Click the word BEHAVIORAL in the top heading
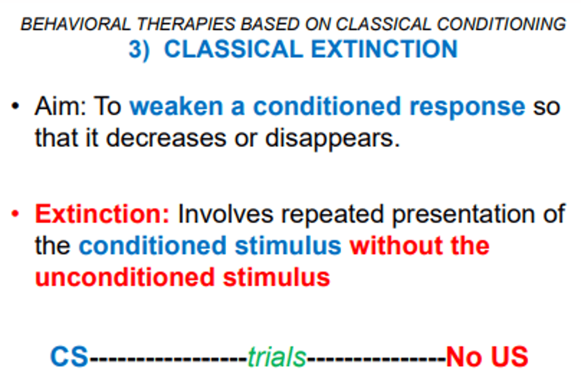(75, 25)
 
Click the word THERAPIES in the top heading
(186, 25)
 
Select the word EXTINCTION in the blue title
(384, 49)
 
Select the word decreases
(166, 138)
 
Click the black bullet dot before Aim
(15, 106)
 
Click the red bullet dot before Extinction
(15, 214)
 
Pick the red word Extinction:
(102, 214)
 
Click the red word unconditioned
(125, 278)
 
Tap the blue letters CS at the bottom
(69, 357)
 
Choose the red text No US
(487, 357)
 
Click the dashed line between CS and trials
(168, 358)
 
